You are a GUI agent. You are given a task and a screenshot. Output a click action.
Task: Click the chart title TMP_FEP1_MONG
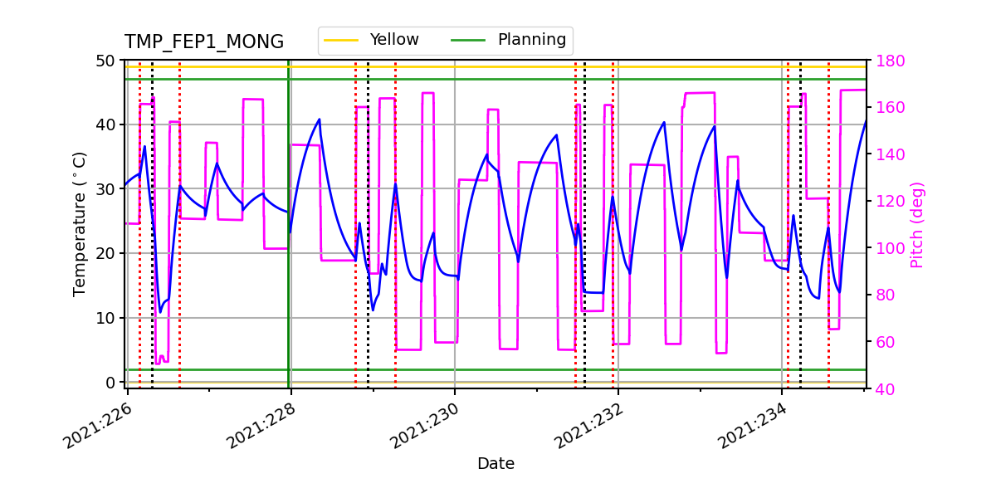(x=204, y=42)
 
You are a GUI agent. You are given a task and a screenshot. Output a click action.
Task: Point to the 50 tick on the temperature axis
(x=106, y=61)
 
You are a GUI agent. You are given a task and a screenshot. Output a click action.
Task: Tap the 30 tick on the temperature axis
(x=106, y=189)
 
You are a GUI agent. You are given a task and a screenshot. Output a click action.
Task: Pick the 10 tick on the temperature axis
(x=106, y=318)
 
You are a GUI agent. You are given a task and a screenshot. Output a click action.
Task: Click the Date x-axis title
(x=496, y=464)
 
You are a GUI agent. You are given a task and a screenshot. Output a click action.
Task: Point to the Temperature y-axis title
(x=80, y=224)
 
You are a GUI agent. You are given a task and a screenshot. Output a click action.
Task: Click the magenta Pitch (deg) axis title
(x=916, y=224)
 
